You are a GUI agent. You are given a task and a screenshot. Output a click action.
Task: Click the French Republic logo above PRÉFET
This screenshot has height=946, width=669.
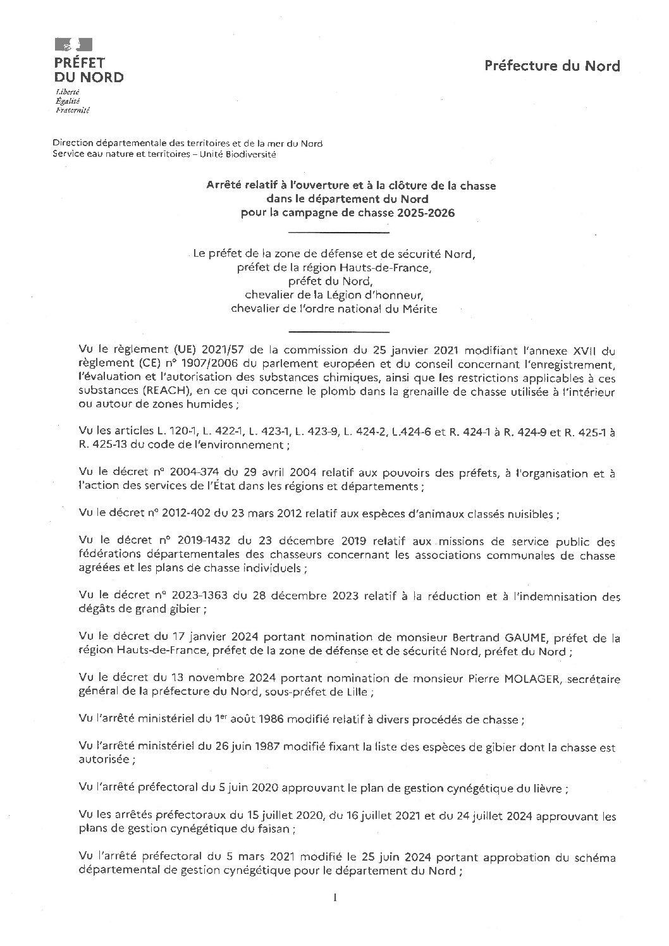pos(73,44)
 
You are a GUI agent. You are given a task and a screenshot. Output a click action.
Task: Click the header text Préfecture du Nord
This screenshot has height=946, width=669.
pos(552,66)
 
